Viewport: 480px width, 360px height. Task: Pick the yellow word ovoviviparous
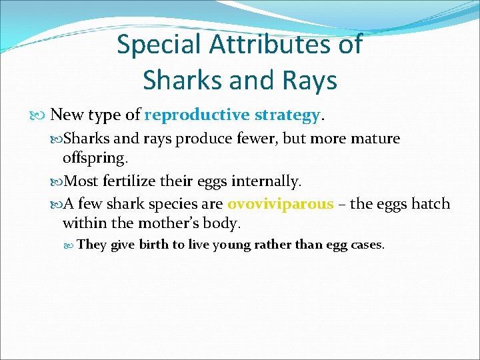click(x=280, y=203)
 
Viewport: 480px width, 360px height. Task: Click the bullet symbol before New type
click(x=43, y=115)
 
